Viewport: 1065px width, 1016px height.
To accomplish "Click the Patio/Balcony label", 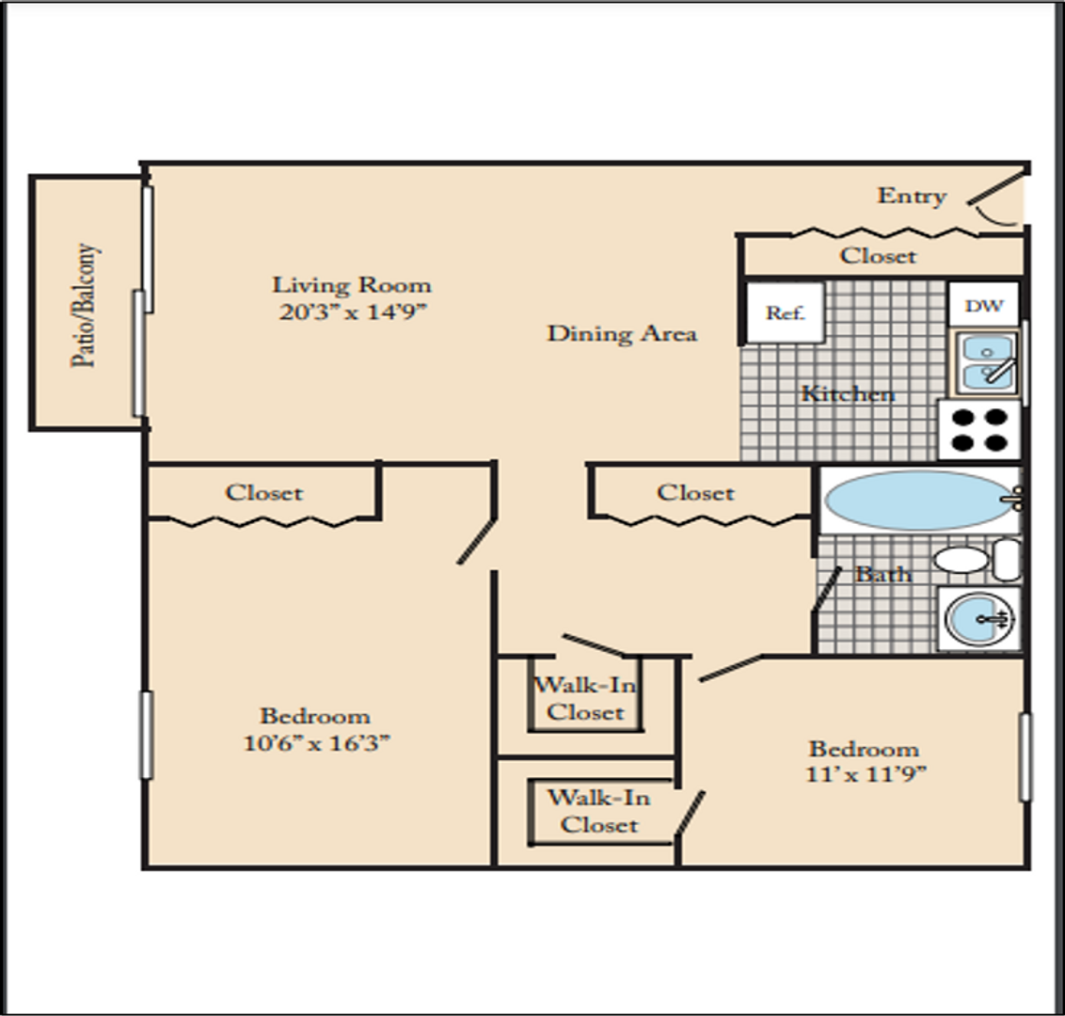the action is click(86, 306).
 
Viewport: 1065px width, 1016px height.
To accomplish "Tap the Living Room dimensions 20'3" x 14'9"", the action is click(353, 311).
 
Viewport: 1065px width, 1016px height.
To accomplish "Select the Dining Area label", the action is click(622, 333).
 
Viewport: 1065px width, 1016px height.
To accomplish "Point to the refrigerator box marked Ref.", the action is click(786, 312).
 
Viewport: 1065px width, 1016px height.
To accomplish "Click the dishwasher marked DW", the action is click(983, 305).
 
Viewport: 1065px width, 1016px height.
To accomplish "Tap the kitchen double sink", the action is click(987, 363).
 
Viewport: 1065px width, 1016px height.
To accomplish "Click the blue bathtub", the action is click(920, 500).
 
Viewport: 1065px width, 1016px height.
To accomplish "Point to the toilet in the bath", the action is click(978, 560).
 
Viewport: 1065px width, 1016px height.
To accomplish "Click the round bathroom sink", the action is click(978, 618).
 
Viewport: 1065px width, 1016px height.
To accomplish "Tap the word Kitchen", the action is click(848, 393).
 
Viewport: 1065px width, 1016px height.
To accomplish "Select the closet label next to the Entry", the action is click(878, 255).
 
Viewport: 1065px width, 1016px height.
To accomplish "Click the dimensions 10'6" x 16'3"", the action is click(317, 743).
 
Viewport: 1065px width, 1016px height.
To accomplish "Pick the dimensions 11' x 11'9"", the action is click(866, 774).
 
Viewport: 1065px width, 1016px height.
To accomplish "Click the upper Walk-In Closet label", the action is click(585, 698).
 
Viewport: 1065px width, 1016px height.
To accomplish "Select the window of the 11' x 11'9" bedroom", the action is click(1025, 756).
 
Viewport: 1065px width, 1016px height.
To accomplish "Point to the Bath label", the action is click(882, 575).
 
